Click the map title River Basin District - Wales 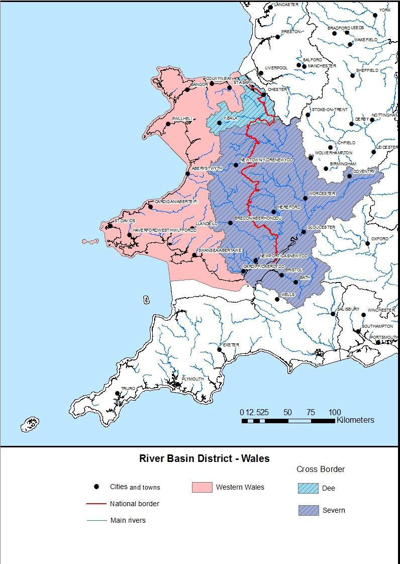coord(204,458)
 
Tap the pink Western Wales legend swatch coord(202,487)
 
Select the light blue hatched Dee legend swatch coord(308,488)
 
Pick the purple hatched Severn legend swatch coord(308,510)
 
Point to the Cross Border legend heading coord(321,469)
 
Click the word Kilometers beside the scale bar coord(355,420)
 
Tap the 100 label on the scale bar coord(335,413)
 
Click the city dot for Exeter coord(219,349)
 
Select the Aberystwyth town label coord(207,169)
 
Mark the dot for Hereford coord(273,212)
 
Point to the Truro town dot coord(118,394)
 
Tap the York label coord(385,10)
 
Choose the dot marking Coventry coord(350,176)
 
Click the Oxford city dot coord(368,243)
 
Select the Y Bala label coord(230,118)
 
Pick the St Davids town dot coord(110,226)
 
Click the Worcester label coord(322,194)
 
